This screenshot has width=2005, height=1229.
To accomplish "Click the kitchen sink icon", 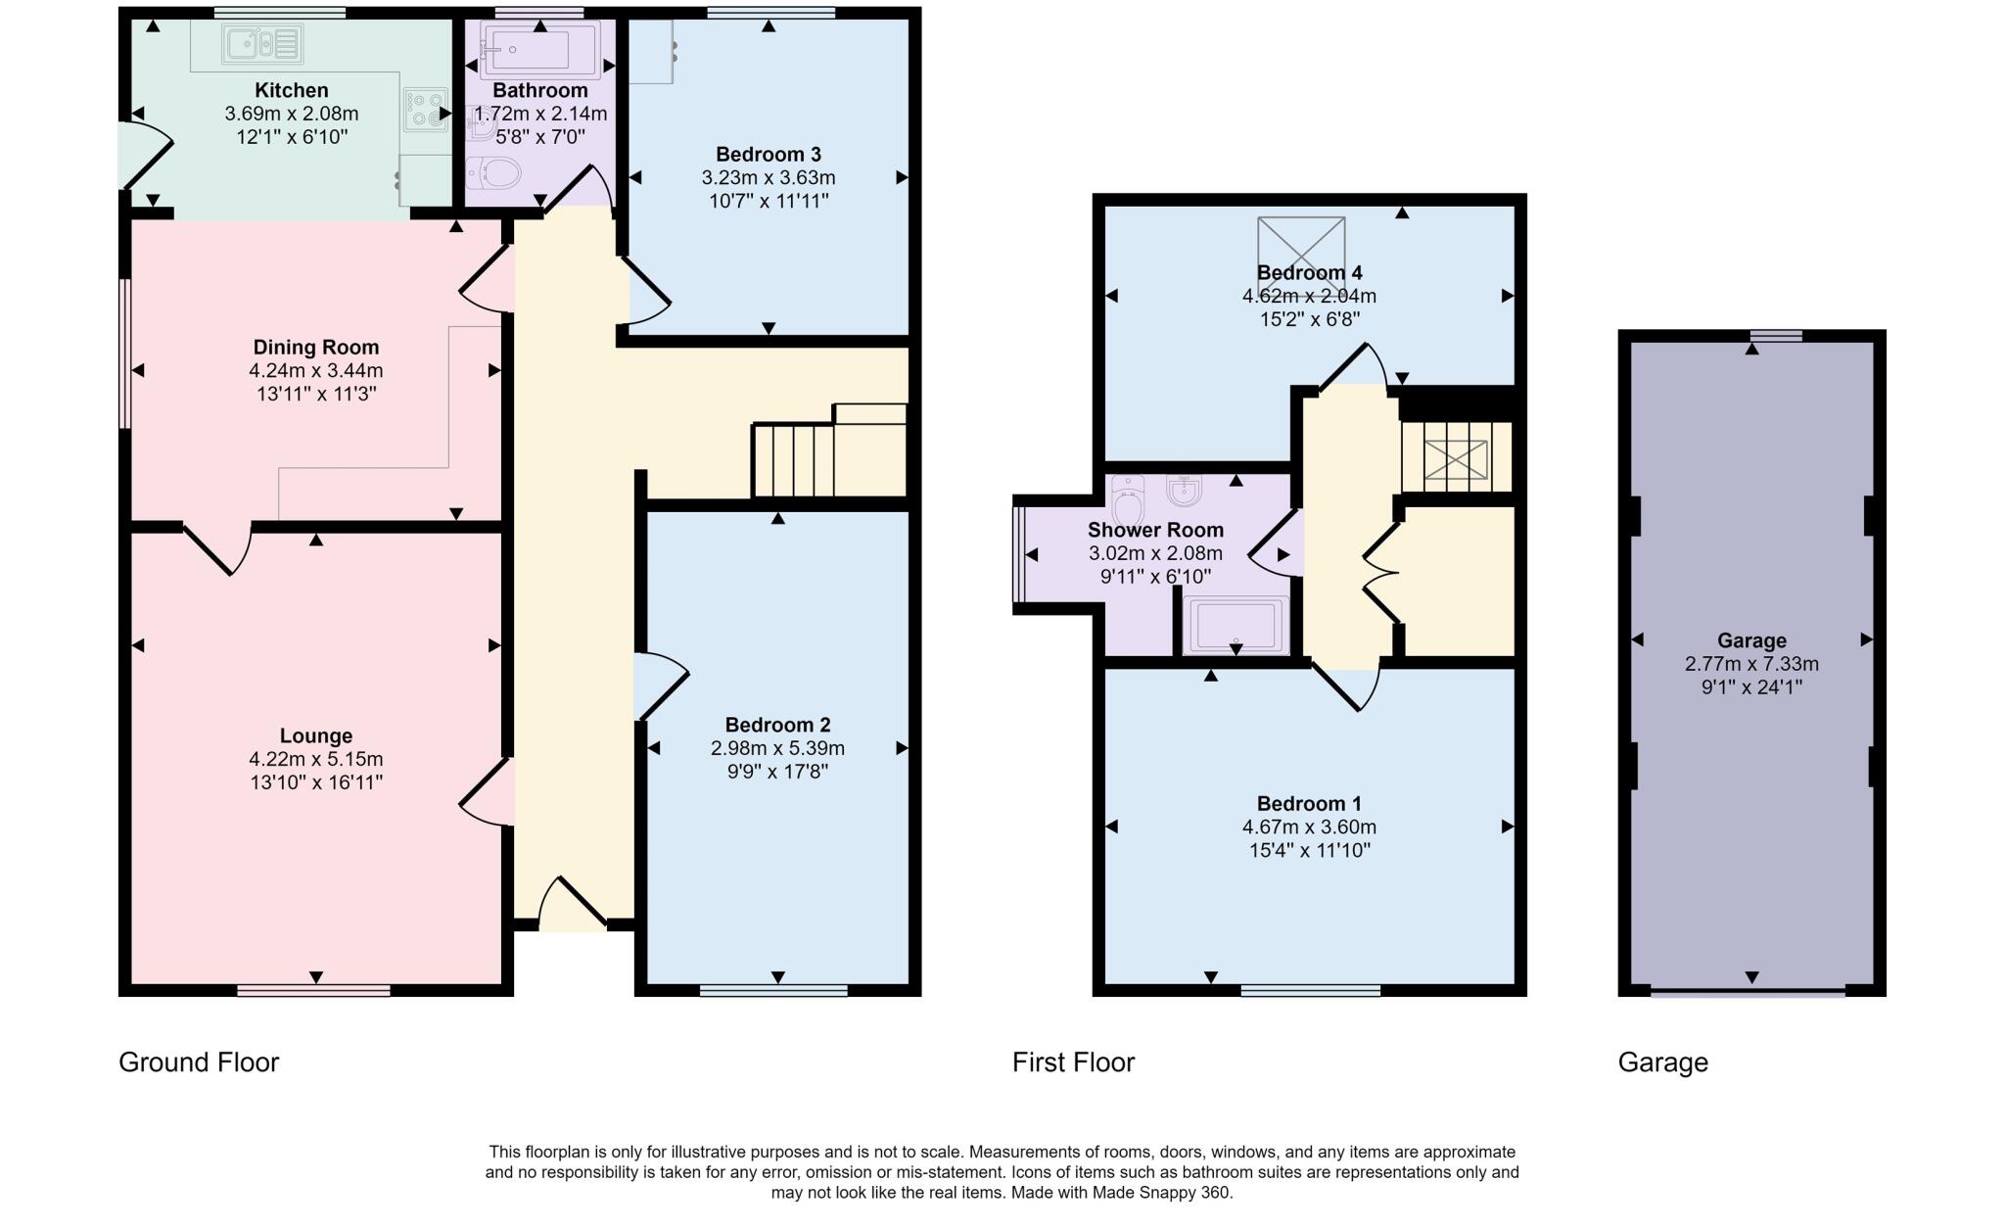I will click(x=262, y=44).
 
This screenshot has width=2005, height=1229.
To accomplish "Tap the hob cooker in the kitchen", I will click(x=426, y=110).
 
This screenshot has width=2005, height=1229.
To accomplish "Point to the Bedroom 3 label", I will click(x=768, y=154).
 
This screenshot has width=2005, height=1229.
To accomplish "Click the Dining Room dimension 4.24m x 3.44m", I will click(x=315, y=370).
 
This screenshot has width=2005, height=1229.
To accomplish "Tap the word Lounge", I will click(x=315, y=735).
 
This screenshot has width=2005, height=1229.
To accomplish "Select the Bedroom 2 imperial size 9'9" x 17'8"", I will click(x=777, y=772).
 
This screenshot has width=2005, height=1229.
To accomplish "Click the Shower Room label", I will click(x=1155, y=530).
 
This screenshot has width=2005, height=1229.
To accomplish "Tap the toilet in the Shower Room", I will click(x=1128, y=499).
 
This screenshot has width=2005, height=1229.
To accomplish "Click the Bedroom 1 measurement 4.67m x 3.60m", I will click(x=1309, y=827).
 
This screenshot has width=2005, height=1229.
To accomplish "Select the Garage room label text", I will click(x=1750, y=640).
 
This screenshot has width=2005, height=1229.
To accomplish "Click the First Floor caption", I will click(x=1073, y=1063).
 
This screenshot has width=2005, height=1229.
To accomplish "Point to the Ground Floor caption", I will click(x=199, y=1063).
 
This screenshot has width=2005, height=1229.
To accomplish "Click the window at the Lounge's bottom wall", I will click(x=313, y=991).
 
